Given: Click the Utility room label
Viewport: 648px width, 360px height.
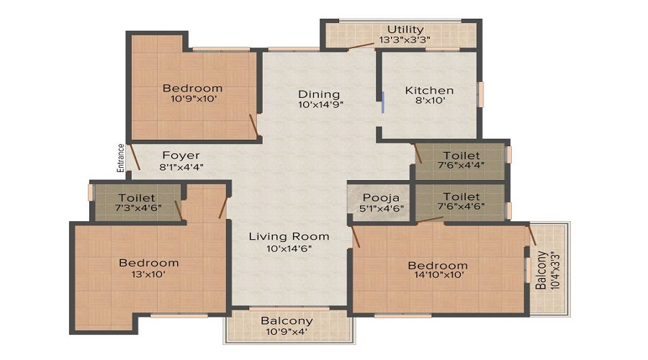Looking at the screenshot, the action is [405, 30].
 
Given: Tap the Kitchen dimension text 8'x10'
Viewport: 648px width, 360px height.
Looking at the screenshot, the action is [429, 100].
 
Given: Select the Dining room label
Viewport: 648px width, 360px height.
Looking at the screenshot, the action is [319, 94].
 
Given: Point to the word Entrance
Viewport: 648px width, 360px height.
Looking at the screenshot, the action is [121, 158].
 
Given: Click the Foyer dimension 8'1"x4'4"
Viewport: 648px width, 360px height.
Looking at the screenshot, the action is [181, 167].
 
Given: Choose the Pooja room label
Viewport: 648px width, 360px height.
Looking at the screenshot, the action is [381, 197].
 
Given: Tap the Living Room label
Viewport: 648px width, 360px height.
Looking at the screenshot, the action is [289, 236].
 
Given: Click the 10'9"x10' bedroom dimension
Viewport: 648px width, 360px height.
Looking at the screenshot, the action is [194, 99].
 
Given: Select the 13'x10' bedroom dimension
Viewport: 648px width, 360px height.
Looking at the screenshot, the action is [148, 274].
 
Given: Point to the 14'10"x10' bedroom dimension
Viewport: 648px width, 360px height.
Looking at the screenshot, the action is [438, 275].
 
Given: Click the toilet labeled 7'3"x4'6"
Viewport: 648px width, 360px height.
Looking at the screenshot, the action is [137, 202].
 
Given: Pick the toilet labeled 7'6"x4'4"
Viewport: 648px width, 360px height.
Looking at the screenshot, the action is [462, 160].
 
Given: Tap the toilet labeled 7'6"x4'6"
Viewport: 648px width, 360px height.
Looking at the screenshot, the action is [462, 201].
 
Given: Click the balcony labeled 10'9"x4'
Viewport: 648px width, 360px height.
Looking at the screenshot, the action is [287, 325].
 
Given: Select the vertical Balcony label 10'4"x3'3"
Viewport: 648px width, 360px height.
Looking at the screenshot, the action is [547, 270].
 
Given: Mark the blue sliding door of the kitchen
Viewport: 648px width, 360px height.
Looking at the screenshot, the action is [383, 102].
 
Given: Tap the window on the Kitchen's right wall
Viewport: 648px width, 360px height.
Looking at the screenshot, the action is [481, 94].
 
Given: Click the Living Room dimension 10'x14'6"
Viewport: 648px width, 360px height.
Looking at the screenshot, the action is [289, 248].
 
